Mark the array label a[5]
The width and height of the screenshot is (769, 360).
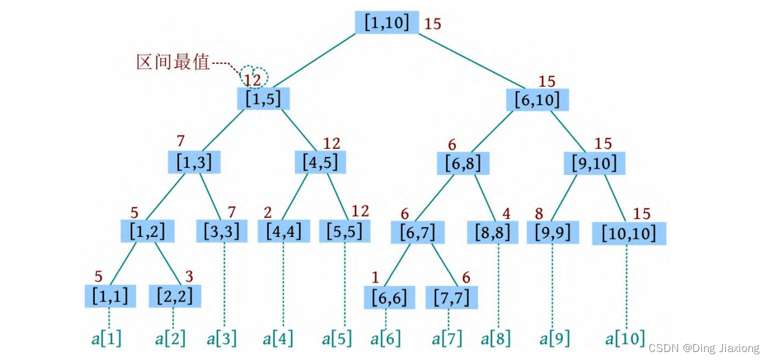337,338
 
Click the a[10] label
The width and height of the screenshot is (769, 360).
625,338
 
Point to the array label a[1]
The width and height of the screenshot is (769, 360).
106,338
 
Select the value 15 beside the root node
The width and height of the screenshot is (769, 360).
432,24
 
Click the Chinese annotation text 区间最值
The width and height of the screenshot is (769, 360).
173,62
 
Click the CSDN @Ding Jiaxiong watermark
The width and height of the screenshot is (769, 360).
704,348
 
